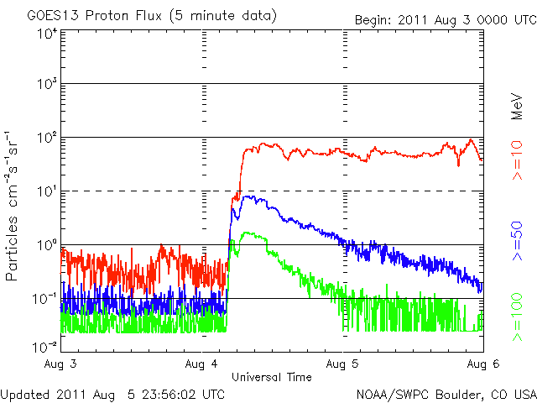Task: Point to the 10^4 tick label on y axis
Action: point(47,34)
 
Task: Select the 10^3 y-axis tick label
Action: point(47,85)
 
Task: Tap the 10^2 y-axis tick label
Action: point(47,138)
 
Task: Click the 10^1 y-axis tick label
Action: point(47,191)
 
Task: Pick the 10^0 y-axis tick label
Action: point(47,245)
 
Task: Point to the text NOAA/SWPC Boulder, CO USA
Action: point(446,394)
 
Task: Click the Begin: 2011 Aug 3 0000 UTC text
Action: point(444,18)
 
